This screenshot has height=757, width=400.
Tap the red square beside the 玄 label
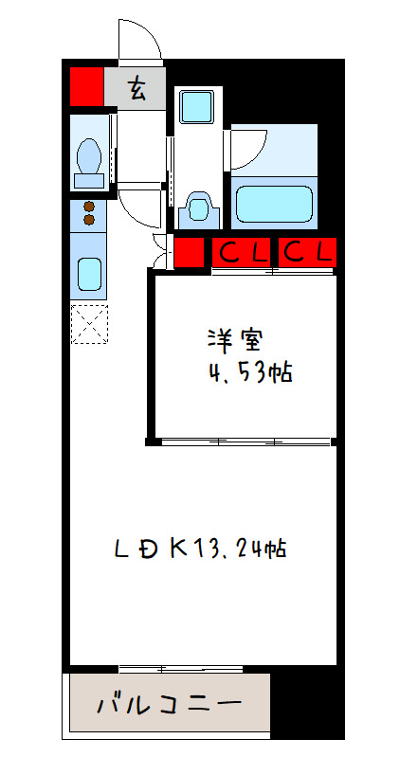tap(86, 86)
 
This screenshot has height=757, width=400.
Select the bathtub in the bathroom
tap(273, 202)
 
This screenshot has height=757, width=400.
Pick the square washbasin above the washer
tap(197, 105)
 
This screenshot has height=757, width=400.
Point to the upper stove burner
tap(89, 207)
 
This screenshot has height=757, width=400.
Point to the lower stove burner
tap(89, 220)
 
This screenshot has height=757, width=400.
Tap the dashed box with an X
tap(90, 325)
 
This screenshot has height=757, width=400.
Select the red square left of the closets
tap(188, 252)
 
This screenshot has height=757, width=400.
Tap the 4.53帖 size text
tap(249, 371)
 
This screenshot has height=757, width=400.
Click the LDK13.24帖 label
tap(201, 548)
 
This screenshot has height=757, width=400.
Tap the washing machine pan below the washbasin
tap(197, 206)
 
